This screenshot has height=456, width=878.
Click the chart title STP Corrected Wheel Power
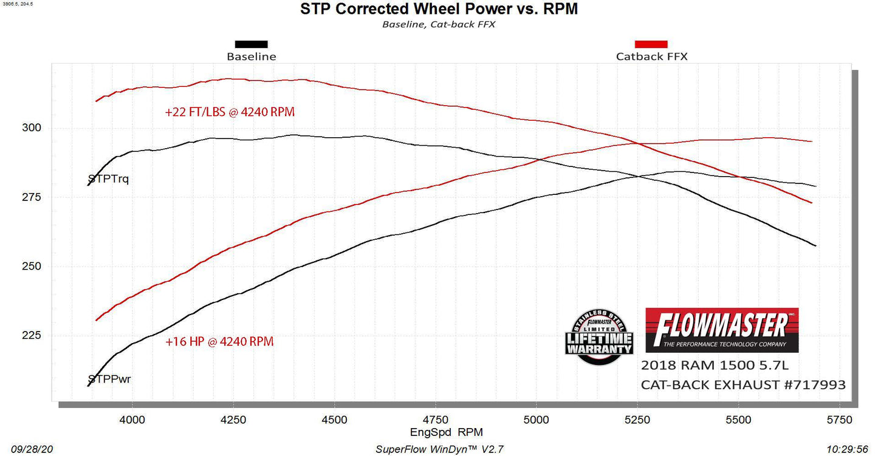(439, 9)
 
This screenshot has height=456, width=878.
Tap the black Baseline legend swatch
(251, 44)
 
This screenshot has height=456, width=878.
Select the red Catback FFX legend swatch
(651, 44)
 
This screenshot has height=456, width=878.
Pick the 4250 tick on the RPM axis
(233, 420)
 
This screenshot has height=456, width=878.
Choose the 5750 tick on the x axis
(839, 420)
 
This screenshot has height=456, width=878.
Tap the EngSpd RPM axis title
(439, 432)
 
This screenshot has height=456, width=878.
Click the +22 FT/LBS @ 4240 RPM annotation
(230, 112)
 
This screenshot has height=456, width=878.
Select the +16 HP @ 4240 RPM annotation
(219, 342)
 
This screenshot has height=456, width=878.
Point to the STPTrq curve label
(109, 179)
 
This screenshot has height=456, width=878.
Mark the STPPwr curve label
(109, 380)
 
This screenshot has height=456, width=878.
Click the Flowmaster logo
(721, 330)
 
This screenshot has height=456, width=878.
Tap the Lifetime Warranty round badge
(599, 338)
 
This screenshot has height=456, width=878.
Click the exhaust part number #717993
(813, 385)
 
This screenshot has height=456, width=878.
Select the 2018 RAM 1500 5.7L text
(715, 366)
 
